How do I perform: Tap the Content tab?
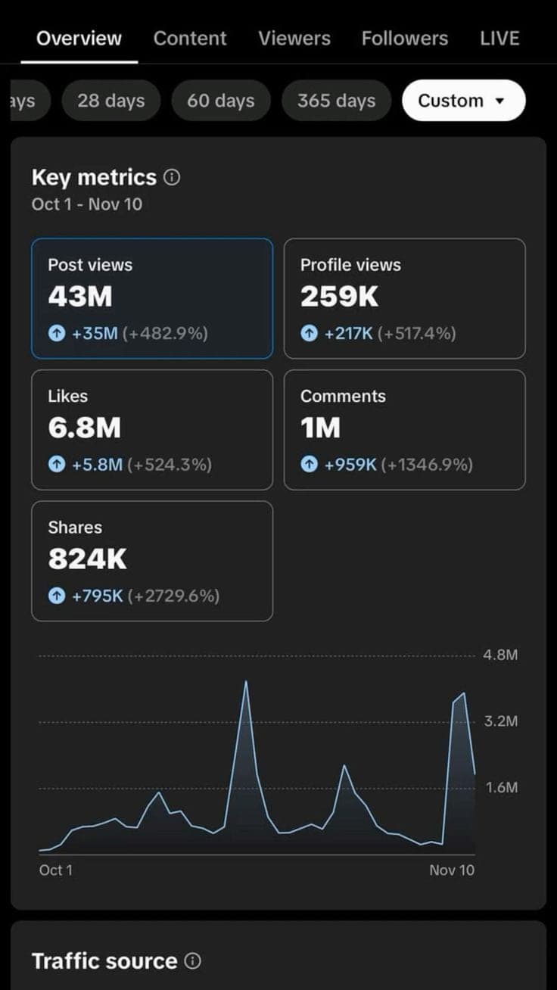pos(190,39)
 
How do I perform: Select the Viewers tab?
pos(294,39)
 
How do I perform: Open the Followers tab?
pos(404,39)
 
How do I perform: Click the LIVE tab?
pos(499,39)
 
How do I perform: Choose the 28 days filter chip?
pos(110,101)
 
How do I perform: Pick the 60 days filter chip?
pos(220,101)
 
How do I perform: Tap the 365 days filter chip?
pos(336,101)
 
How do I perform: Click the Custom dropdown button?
pos(463,101)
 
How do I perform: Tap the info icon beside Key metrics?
pos(173,178)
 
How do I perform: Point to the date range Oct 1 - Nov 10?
pos(87,204)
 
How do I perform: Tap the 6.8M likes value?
pos(84,428)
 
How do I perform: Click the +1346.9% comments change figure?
pos(427,465)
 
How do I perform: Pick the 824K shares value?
pos(87,559)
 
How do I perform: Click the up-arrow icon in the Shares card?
pos(57,596)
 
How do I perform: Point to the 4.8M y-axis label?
pos(500,655)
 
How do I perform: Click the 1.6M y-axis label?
pos(500,788)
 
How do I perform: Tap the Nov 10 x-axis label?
pos(452,870)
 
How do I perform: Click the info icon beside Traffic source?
pos(194,962)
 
